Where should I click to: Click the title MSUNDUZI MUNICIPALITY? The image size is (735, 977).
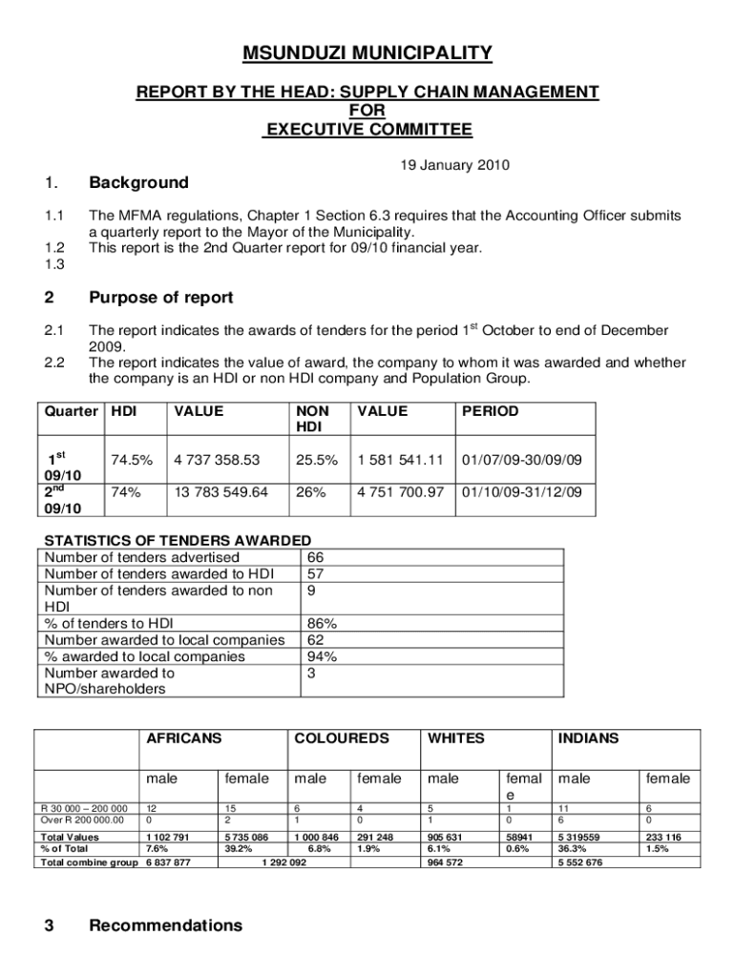[x=367, y=52]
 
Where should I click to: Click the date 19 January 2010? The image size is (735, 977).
[x=454, y=165]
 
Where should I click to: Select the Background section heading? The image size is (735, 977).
[x=138, y=182]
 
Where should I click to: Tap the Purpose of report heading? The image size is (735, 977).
[x=160, y=298]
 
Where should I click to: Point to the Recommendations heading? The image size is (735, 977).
[x=165, y=925]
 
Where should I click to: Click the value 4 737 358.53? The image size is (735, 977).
[x=217, y=460]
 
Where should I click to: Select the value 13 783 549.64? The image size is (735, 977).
[x=220, y=493]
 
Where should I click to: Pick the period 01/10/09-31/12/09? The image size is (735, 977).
[x=521, y=493]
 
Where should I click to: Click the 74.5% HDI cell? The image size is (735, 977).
[x=132, y=460]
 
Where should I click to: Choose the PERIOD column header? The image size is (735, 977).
[x=491, y=411]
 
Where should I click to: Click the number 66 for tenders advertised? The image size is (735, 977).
[x=316, y=557]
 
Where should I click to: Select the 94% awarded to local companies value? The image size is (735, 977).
[x=320, y=656]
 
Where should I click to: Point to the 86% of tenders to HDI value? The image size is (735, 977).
[x=320, y=624]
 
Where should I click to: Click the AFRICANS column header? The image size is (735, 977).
[x=183, y=738]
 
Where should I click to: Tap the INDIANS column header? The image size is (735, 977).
[x=588, y=738]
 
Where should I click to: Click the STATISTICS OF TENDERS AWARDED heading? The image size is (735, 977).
[x=178, y=539]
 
